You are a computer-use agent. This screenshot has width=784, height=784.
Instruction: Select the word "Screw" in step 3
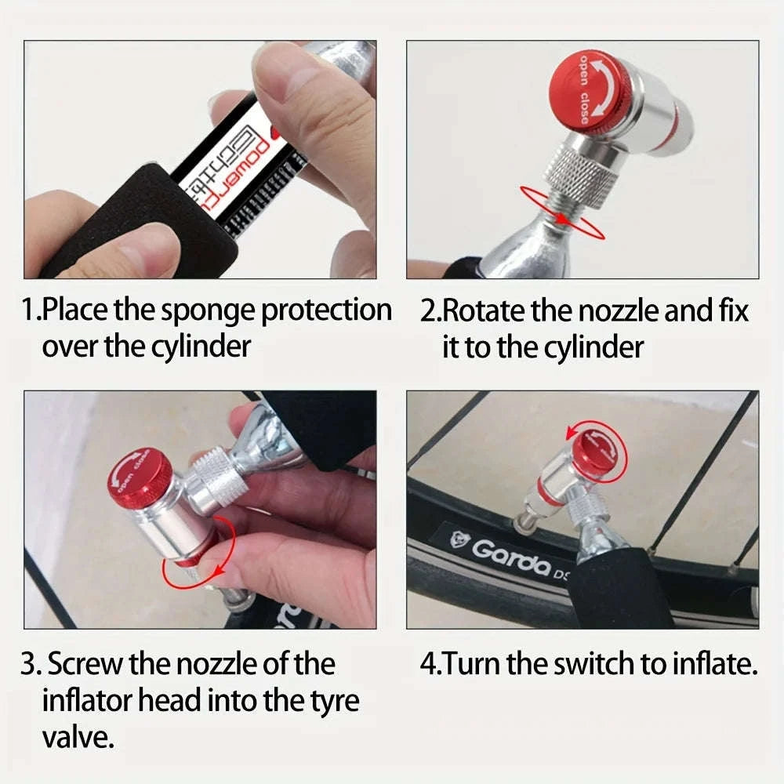(85, 665)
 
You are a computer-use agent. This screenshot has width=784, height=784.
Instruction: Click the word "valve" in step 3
(77, 737)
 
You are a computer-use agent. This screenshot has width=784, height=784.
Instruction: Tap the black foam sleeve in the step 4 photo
(619, 588)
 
